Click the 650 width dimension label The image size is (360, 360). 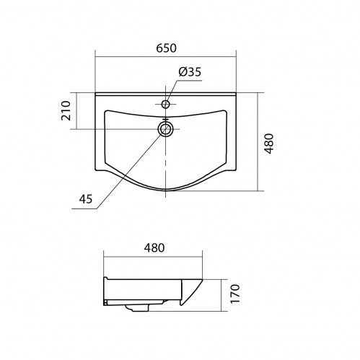(166, 48)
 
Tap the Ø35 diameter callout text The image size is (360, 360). (190, 72)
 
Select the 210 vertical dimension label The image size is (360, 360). (66, 111)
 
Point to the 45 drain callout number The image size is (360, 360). (86, 199)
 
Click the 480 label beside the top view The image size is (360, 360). (268, 144)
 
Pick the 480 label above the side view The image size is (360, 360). (154, 248)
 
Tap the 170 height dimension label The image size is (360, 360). (235, 294)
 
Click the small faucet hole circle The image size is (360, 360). (166, 104)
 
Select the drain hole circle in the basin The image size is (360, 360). (165, 128)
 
